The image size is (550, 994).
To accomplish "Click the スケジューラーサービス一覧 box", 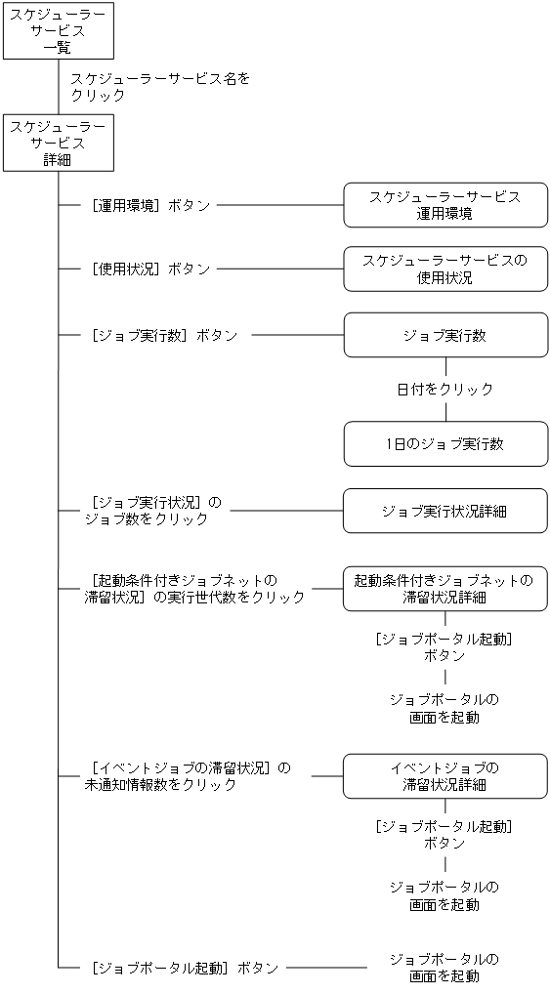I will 58,30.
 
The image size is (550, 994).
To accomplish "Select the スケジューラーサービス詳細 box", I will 58,143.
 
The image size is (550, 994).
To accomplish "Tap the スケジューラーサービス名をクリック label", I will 160,87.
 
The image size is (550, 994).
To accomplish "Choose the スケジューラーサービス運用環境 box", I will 444,205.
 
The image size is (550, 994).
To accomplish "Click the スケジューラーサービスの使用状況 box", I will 444,269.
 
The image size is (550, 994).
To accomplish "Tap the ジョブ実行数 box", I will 444,335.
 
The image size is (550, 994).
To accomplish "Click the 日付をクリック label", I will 444,389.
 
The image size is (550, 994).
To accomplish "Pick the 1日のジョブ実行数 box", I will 444,444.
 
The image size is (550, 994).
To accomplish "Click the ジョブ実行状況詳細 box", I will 444,511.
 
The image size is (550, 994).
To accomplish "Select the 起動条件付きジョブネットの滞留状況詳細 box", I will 444,589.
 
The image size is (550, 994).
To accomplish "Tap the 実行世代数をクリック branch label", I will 195,589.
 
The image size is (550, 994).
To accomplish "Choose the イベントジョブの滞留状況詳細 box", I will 444,776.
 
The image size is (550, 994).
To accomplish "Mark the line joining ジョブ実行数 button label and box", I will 297,335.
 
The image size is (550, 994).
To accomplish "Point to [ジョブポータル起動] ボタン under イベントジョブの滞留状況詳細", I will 444,834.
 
